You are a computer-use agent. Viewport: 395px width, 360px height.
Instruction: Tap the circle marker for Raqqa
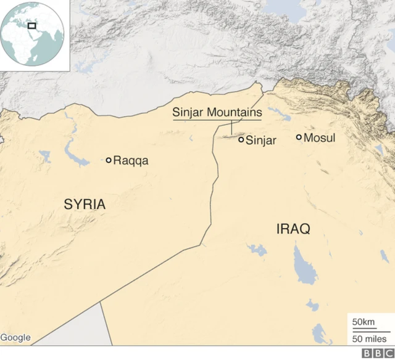coord(109,160)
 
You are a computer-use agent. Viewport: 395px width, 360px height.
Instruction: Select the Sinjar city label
coord(260,141)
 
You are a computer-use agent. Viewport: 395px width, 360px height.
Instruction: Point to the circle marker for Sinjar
coord(241,140)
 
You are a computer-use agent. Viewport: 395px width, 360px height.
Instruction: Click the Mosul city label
coord(320,137)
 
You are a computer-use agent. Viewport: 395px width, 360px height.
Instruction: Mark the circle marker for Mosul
coord(299,137)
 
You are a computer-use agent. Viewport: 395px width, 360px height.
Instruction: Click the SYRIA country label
coord(85,205)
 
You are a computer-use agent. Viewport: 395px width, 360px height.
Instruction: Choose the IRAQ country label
coord(293,229)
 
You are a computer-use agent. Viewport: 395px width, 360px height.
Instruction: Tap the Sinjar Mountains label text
coord(217,113)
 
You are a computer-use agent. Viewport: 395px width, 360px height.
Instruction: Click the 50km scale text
coord(364,322)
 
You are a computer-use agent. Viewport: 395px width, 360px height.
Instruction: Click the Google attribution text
coord(15,337)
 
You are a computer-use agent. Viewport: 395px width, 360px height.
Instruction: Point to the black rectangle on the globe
coord(31,26)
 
